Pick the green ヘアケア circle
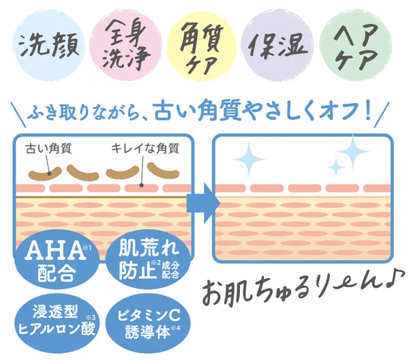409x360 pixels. [x=356, y=44]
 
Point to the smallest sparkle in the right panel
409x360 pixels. [x=335, y=166]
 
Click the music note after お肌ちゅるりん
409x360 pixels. [x=394, y=280]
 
